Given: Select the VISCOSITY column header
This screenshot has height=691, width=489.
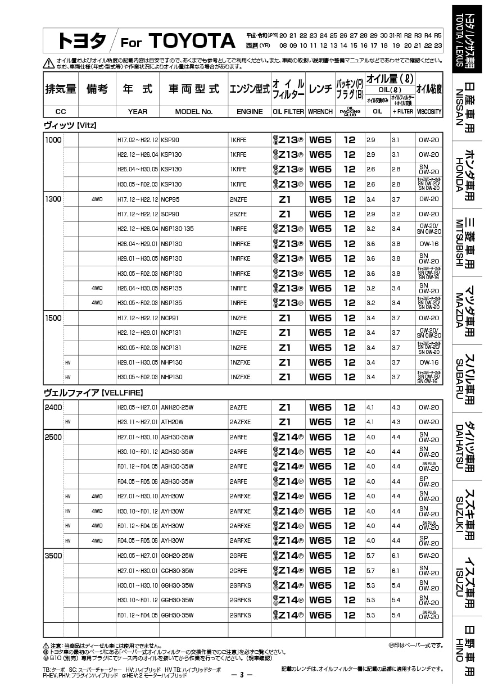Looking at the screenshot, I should pyautogui.click(x=429, y=111).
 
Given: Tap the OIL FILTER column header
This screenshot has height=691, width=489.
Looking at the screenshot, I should pyautogui.click(x=288, y=111).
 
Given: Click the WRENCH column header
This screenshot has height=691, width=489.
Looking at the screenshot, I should pyautogui.click(x=320, y=111).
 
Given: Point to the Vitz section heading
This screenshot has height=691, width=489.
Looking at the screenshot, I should pyautogui.click(x=70, y=125).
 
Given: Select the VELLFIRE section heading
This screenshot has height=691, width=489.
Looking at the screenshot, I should pyautogui.click(x=93, y=392).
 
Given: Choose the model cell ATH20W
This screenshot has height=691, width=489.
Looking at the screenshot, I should pyautogui.click(x=172, y=422).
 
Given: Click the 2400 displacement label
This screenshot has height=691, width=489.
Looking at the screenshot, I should pyautogui.click(x=53, y=407).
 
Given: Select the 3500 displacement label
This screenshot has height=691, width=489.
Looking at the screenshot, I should pyautogui.click(x=53, y=556).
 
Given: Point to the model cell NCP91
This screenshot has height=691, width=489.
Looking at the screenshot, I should pyautogui.click(x=170, y=318).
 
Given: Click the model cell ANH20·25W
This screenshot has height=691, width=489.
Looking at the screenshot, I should pyautogui.click(x=177, y=407).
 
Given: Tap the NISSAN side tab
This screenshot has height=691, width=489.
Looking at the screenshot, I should pyautogui.click(x=468, y=106).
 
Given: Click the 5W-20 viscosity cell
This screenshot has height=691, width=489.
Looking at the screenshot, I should pyautogui.click(x=429, y=556).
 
